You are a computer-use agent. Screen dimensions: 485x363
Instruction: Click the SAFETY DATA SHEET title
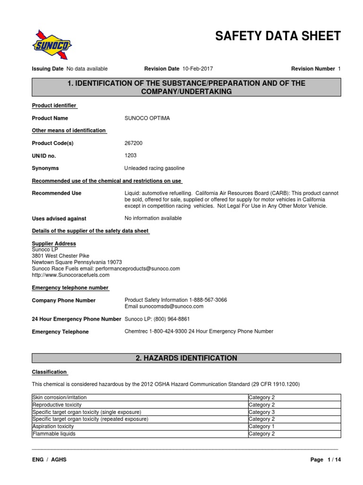[x=277, y=36]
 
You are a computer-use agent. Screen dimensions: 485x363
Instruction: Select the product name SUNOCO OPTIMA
[x=147, y=118]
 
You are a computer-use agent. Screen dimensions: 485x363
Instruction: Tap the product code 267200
[x=133, y=143]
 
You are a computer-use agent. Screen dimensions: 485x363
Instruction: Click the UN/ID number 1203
[x=130, y=155]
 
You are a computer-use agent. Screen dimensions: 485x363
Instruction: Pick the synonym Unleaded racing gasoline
[x=155, y=168]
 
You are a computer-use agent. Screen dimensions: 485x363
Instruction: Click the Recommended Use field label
[x=56, y=193]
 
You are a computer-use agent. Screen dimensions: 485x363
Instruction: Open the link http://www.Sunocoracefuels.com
[x=70, y=275]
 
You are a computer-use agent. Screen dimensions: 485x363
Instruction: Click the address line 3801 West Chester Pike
[x=60, y=256]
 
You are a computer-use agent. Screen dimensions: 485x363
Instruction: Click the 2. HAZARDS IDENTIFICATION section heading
[x=186, y=358]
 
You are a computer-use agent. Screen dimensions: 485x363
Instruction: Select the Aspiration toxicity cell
[x=53, y=426]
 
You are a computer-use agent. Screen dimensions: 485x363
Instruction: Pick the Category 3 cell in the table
[x=261, y=412]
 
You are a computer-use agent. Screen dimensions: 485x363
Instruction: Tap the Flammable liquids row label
[x=53, y=433]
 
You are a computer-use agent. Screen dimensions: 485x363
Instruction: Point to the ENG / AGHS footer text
[x=49, y=460]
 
